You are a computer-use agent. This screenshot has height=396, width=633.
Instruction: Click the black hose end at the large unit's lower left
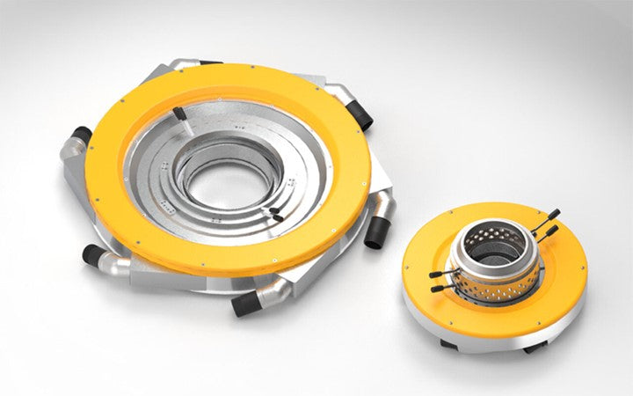(93, 255)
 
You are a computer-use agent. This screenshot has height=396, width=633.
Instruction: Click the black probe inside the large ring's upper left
(178, 114)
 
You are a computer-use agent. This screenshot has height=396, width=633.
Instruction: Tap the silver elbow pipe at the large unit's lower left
(119, 263)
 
